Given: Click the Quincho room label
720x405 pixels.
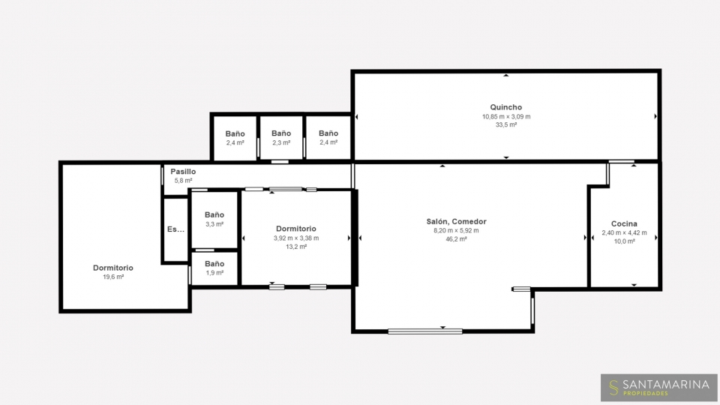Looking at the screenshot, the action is click(505, 107).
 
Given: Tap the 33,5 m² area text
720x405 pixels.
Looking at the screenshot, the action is click(506, 125).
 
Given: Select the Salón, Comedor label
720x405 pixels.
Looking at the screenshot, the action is click(456, 221).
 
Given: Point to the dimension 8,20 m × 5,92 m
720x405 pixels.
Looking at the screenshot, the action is click(456, 230).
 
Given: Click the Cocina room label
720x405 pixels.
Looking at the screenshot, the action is click(624, 223).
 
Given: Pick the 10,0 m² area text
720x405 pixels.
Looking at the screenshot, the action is click(624, 241).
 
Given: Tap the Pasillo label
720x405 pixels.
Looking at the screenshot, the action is click(183, 172).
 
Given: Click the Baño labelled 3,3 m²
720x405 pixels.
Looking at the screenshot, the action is click(214, 215).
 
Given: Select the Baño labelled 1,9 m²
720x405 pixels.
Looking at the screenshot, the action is click(214, 264).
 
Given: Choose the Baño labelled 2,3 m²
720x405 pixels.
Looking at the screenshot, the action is click(281, 133).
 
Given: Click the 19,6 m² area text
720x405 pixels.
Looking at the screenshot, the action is click(113, 277).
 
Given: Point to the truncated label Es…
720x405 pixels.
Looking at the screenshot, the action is click(175, 229).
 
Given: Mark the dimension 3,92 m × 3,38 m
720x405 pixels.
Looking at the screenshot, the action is click(296, 238).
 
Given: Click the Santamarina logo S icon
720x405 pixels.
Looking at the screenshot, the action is click(613, 388).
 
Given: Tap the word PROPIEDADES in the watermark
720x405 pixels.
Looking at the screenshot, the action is click(646, 394).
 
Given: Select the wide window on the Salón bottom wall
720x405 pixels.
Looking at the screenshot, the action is click(424, 331).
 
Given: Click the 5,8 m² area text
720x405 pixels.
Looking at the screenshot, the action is click(183, 181).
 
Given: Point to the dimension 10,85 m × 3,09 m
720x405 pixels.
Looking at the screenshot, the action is click(506, 117).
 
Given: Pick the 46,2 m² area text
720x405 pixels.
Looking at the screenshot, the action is click(456, 239).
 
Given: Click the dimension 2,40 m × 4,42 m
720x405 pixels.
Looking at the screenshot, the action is click(624, 232).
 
